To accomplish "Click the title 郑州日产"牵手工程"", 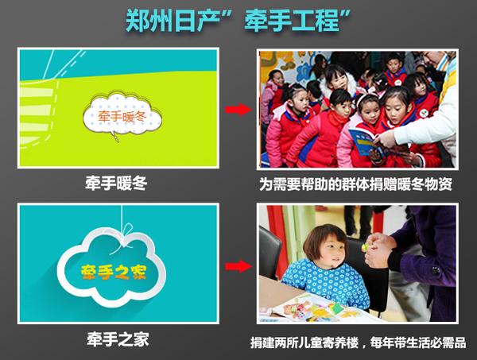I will tap(238, 21).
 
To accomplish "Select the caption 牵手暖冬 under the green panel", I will tap(118, 185).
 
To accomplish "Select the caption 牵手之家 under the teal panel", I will tap(118, 341).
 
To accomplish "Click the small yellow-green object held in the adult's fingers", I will tap(366, 249).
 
